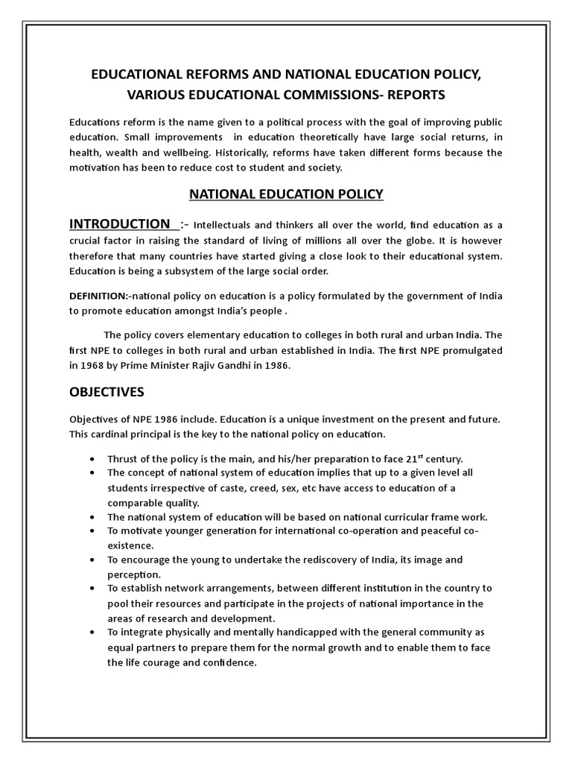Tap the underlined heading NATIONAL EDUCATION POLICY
coord(286,194)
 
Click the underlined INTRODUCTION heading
coord(120,224)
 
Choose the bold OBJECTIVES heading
coord(107,391)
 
